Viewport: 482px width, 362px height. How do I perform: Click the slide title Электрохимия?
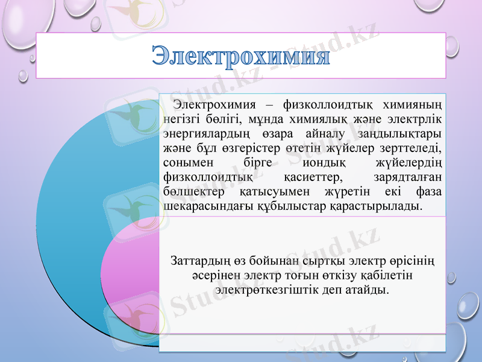coord(240,57)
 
